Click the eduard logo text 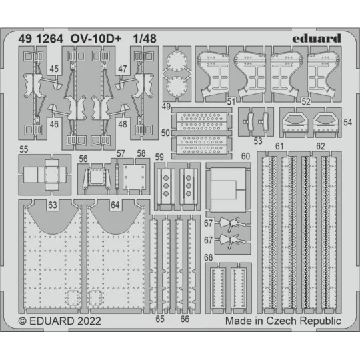[x=316, y=38]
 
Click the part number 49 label [x=165, y=107]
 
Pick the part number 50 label [x=165, y=133]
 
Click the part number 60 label [x=245, y=157]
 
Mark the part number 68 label [x=209, y=257]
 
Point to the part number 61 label [x=280, y=146]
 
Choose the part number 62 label [x=321, y=146]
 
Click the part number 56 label [x=83, y=159]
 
